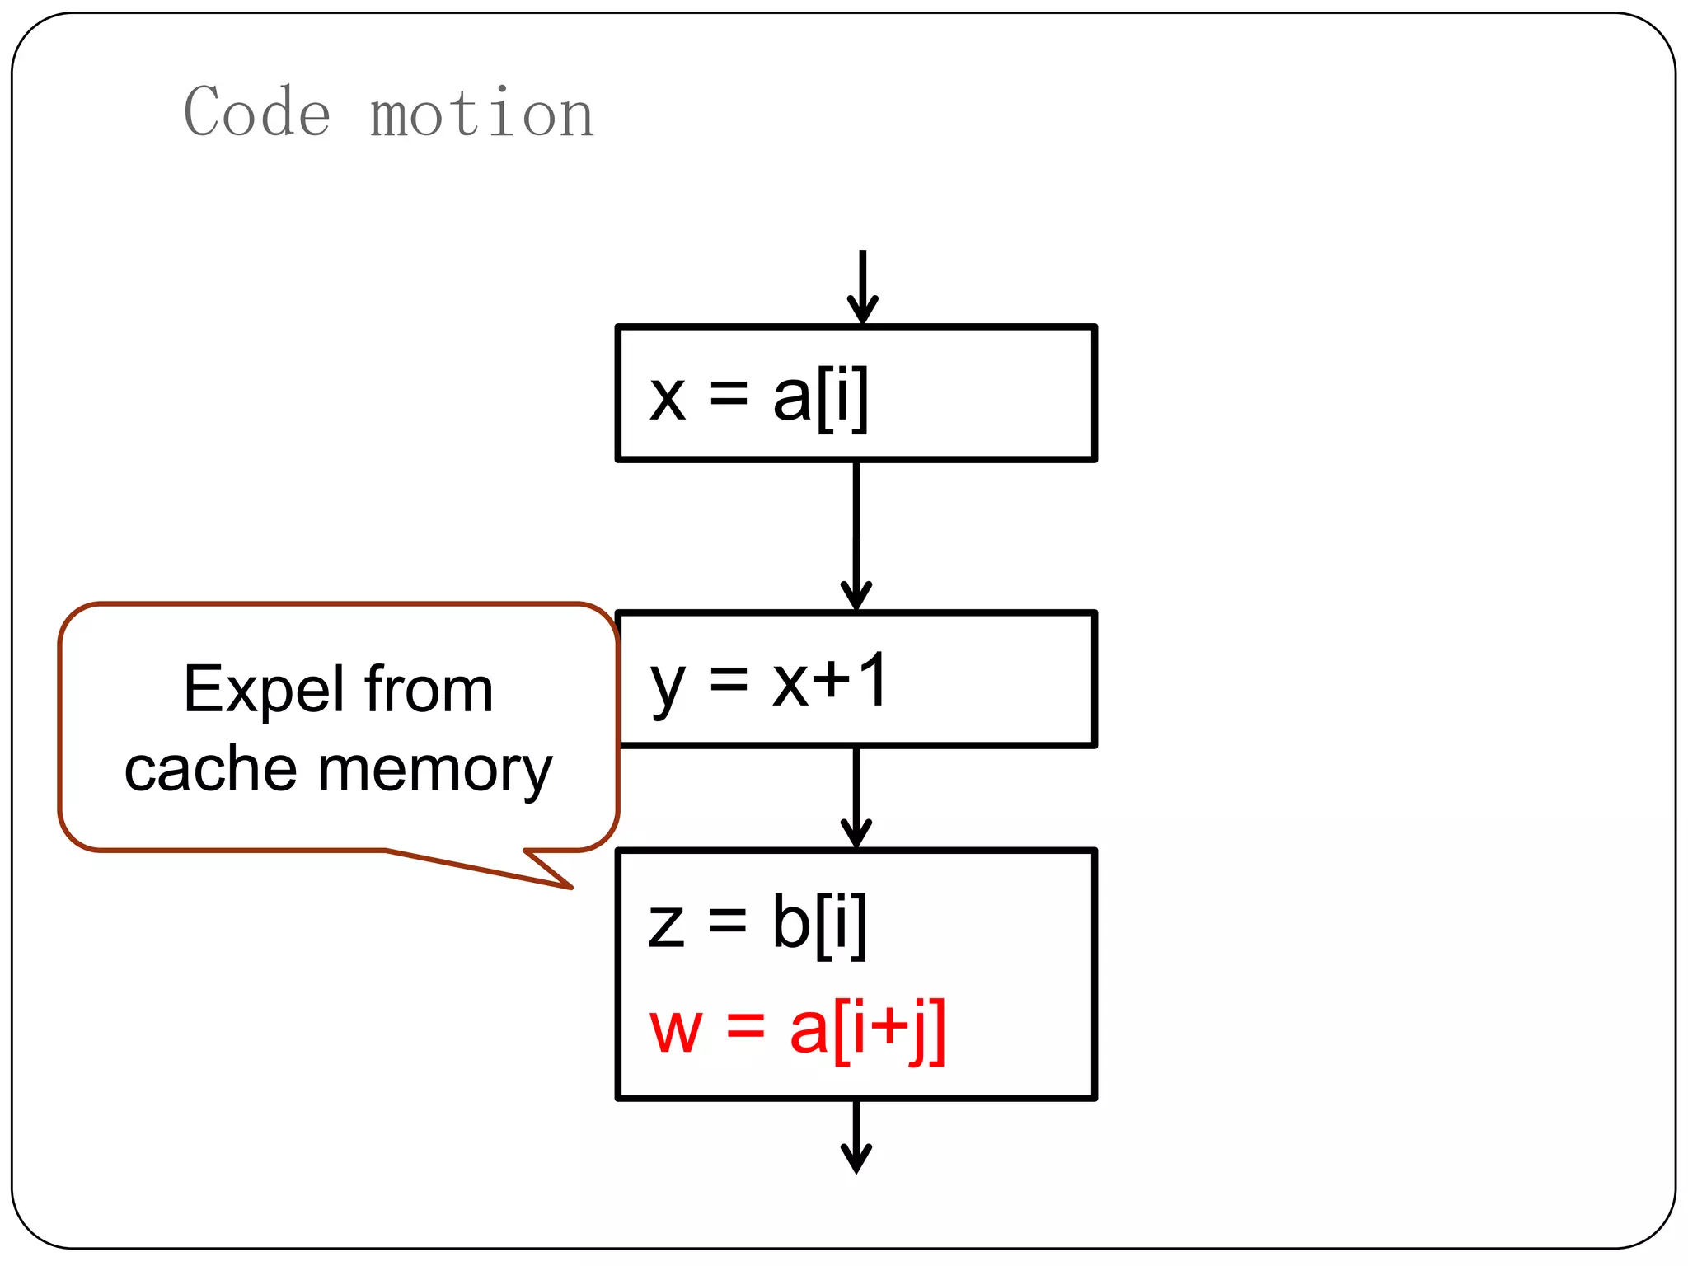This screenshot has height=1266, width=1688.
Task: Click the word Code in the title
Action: pos(257,112)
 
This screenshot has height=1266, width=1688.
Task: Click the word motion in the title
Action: pos(482,114)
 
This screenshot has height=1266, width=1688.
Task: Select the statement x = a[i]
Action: pos(758,397)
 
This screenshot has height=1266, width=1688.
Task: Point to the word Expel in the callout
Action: pos(264,691)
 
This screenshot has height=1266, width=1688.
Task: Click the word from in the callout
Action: pos(429,689)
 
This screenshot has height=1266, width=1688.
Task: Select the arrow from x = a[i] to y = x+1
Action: pos(856,536)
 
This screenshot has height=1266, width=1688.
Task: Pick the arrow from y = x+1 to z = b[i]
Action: pos(856,797)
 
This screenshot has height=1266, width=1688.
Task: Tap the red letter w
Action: pos(676,1030)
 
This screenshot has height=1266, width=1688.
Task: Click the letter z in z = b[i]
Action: pos(666,925)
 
